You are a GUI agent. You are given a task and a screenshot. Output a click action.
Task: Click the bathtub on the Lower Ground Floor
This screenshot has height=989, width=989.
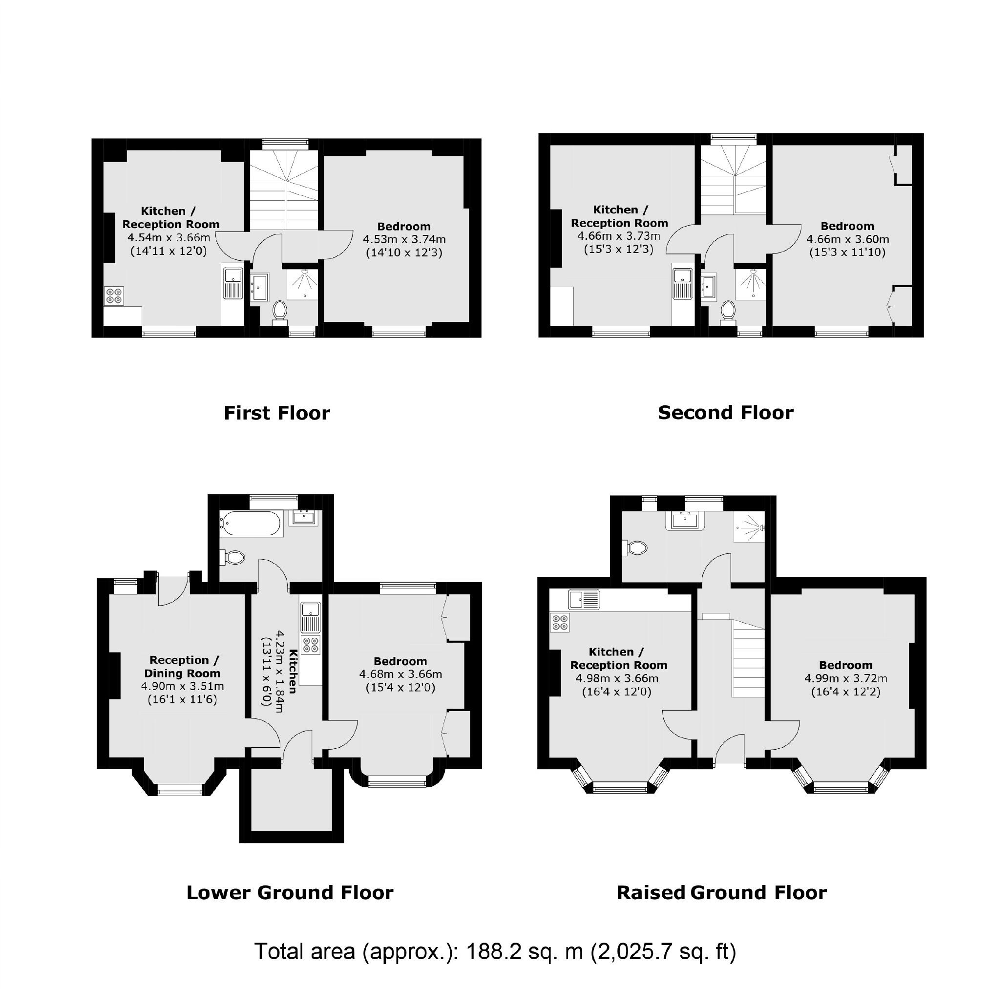[x=251, y=523]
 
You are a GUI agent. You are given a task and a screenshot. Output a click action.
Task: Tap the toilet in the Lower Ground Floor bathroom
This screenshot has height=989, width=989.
[x=233, y=557]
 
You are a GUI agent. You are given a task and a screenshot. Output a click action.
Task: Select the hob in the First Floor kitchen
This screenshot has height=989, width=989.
[x=114, y=295]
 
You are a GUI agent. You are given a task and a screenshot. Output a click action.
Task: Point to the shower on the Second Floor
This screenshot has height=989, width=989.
[x=751, y=284]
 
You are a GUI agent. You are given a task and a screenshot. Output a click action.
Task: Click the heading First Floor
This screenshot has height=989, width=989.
[x=277, y=413]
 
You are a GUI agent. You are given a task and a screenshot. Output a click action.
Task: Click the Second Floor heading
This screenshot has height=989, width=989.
[x=725, y=413]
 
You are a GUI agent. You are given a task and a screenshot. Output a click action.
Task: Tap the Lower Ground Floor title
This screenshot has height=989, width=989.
[x=290, y=892]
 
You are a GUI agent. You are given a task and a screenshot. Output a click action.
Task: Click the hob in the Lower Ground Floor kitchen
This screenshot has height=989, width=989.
[x=311, y=645]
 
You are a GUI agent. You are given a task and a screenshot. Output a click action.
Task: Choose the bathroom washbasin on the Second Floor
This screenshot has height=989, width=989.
[x=709, y=286]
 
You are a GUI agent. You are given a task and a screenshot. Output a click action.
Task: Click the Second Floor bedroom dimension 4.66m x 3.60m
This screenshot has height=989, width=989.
[x=847, y=239]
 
